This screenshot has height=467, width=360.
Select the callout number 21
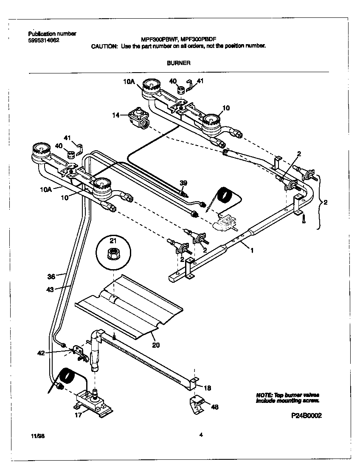pyautogui.click(x=113, y=241)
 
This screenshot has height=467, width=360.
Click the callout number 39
pyautogui.click(x=183, y=183)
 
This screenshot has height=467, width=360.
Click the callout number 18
pyautogui.click(x=207, y=388)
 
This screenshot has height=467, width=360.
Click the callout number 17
pyautogui.click(x=78, y=415)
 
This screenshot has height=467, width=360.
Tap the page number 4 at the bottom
pyautogui.click(x=200, y=434)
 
